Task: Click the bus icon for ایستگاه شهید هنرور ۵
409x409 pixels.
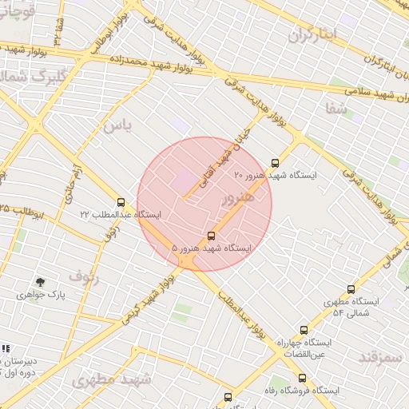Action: tap(211, 236)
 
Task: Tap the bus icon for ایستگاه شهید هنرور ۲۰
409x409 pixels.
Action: tap(276, 162)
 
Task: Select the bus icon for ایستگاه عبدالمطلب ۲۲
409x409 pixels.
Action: tap(121, 202)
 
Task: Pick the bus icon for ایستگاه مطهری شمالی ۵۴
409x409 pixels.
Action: tap(351, 290)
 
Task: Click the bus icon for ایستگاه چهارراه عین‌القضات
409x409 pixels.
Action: tap(303, 330)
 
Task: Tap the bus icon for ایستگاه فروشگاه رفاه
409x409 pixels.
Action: tap(302, 378)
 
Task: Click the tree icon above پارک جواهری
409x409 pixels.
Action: tap(40, 282)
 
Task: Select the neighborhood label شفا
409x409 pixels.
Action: tap(337, 109)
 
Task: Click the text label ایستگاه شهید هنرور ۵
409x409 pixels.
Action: tap(212, 248)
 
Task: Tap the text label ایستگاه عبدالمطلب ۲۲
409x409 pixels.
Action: tap(120, 215)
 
